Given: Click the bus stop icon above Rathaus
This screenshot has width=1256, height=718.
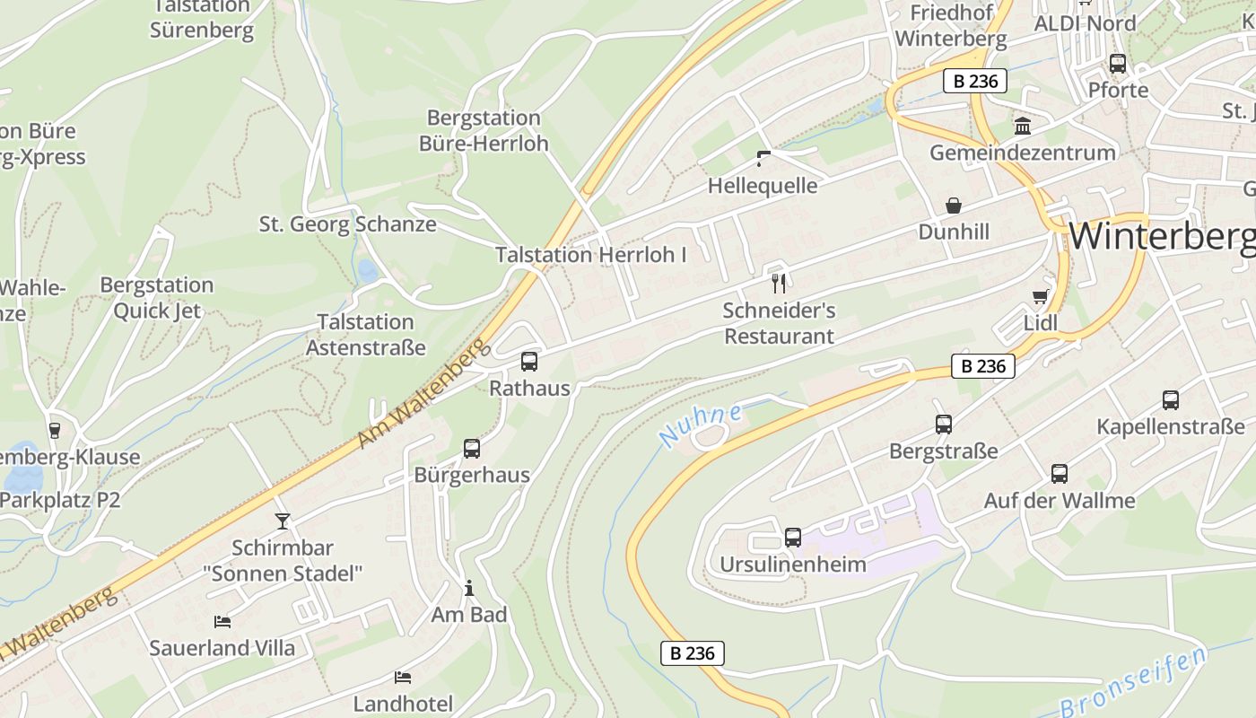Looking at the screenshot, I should (529, 362).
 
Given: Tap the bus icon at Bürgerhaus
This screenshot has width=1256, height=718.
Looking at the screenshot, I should (472, 449).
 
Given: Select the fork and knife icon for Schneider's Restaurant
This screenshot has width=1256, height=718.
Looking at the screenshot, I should (779, 284).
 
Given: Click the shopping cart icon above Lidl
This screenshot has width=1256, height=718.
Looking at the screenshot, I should (1041, 296).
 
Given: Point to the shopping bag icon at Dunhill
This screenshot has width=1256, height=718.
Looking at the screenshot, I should (954, 206).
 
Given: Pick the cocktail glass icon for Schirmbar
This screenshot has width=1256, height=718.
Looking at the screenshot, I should (283, 521).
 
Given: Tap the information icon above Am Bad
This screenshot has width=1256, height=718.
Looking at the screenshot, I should (468, 588).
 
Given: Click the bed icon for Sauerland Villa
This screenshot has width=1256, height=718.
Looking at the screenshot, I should (222, 621).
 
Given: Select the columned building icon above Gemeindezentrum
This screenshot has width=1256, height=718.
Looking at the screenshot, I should (1022, 126).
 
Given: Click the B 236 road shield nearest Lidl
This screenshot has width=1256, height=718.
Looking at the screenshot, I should (982, 366).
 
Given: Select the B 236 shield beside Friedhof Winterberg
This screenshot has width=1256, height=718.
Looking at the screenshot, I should (975, 81).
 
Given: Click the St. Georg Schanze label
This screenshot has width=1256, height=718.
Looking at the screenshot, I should (348, 223).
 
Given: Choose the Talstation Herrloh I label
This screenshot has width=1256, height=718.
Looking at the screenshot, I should (591, 255).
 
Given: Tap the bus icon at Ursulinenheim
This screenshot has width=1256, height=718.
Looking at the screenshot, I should (793, 538).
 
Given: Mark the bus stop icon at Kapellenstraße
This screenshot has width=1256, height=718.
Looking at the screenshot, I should (1171, 400).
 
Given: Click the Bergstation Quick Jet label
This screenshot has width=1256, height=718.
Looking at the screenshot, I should (157, 298).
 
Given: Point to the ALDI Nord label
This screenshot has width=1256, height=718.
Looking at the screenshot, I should (1085, 23).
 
